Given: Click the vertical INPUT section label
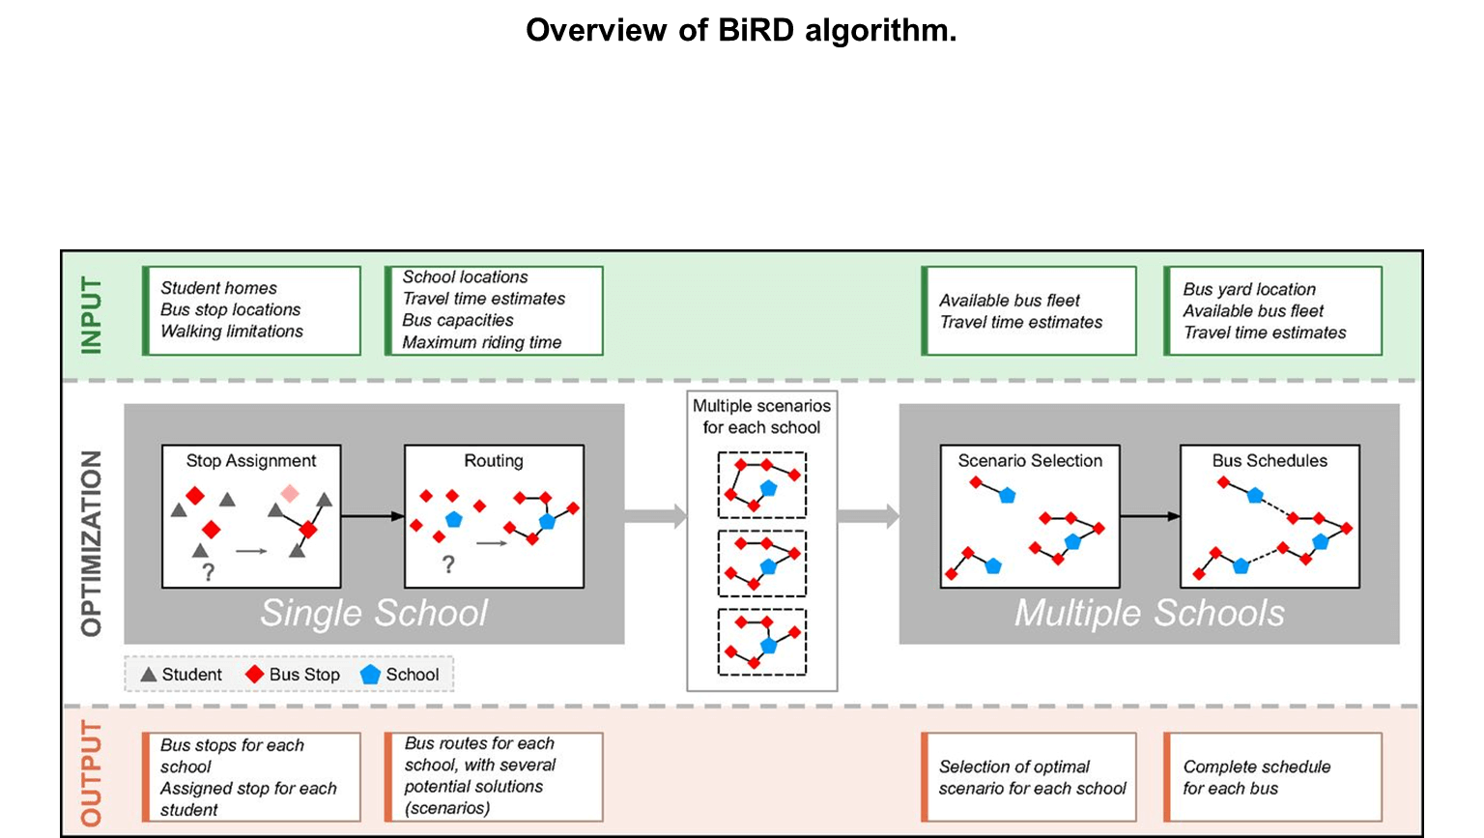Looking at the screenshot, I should point(91,315).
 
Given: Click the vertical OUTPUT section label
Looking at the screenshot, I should point(91,772).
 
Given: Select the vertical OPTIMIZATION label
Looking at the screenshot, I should point(91,543).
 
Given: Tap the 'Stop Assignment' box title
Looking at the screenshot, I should point(251,461).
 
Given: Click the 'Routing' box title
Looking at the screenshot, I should point(494,461).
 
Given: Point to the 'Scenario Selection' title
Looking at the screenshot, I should point(1030,461).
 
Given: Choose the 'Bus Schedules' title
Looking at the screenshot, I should point(1270,461).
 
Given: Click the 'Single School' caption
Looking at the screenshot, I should point(374,613).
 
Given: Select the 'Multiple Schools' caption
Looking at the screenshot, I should point(1149,613).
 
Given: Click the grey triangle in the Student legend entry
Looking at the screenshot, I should point(149,675).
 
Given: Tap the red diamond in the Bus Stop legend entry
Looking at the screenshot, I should point(255,675).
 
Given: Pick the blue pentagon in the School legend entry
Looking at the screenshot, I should point(370,675).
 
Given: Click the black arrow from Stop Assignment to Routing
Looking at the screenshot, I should point(372,516).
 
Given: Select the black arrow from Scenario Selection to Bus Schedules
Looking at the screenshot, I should point(1150,516).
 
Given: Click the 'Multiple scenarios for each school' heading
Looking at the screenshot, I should point(761,417).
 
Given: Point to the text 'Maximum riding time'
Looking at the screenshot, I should point(482,342).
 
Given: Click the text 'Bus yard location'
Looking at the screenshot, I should point(1249,289).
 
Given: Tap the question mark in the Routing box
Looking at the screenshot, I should point(448,564).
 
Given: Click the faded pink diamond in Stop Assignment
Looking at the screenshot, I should point(290,494).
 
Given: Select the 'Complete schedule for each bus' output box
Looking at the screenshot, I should point(1272,777).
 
